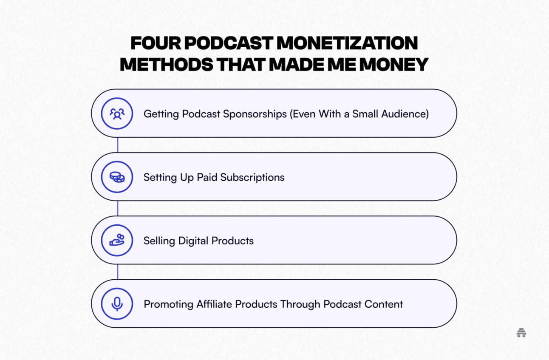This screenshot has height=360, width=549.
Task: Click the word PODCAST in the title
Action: pyautogui.click(x=229, y=43)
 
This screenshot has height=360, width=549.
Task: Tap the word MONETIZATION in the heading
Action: pyautogui.click(x=347, y=43)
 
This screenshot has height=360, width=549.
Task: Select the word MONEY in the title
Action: pyautogui.click(x=394, y=64)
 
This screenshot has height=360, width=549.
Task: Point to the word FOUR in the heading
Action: pyautogui.click(x=156, y=43)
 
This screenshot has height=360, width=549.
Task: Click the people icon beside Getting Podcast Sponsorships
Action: pyautogui.click(x=117, y=113)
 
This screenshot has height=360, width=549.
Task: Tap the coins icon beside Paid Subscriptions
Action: pyautogui.click(x=117, y=177)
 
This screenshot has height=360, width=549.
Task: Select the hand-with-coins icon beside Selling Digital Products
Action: pyautogui.click(x=117, y=240)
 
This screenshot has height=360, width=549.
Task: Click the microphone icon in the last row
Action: pyautogui.click(x=117, y=304)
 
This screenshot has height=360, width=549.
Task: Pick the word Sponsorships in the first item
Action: pyautogui.click(x=255, y=114)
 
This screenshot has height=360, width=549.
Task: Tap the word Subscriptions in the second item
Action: pyautogui.click(x=252, y=178)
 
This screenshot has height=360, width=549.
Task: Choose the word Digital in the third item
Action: pyautogui.click(x=193, y=241)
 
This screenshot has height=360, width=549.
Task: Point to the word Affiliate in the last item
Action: pyautogui.click(x=214, y=304)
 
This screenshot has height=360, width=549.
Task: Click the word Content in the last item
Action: pyautogui.click(x=384, y=304)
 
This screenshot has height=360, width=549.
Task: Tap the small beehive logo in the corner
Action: pyautogui.click(x=521, y=332)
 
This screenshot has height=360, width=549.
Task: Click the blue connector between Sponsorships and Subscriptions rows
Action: pyautogui.click(x=118, y=145)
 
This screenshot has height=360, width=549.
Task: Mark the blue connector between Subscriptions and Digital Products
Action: pyautogui.click(x=118, y=208)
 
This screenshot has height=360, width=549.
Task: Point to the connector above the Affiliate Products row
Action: pyautogui.click(x=118, y=272)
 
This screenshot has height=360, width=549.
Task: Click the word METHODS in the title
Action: pyautogui.click(x=167, y=64)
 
